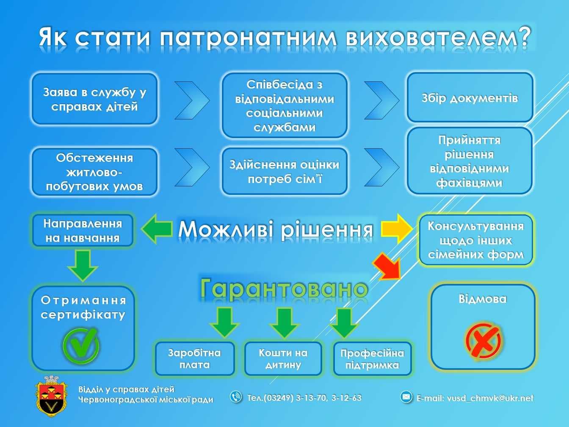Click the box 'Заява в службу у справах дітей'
click(94, 99)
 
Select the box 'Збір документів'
click(470, 98)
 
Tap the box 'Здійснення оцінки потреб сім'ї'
click(284, 171)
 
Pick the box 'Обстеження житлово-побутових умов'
click(94, 172)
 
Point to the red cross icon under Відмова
click(483, 341)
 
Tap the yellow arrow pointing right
click(396, 229)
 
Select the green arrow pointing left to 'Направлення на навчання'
click(157, 229)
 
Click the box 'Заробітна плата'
click(195, 359)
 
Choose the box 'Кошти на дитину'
click(283, 359)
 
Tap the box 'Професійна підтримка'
click(372, 359)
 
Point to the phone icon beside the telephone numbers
click(236, 397)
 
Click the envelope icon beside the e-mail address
click(406, 397)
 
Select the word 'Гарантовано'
click(284, 289)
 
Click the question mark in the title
click(524, 37)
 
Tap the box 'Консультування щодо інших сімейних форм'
click(476, 240)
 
